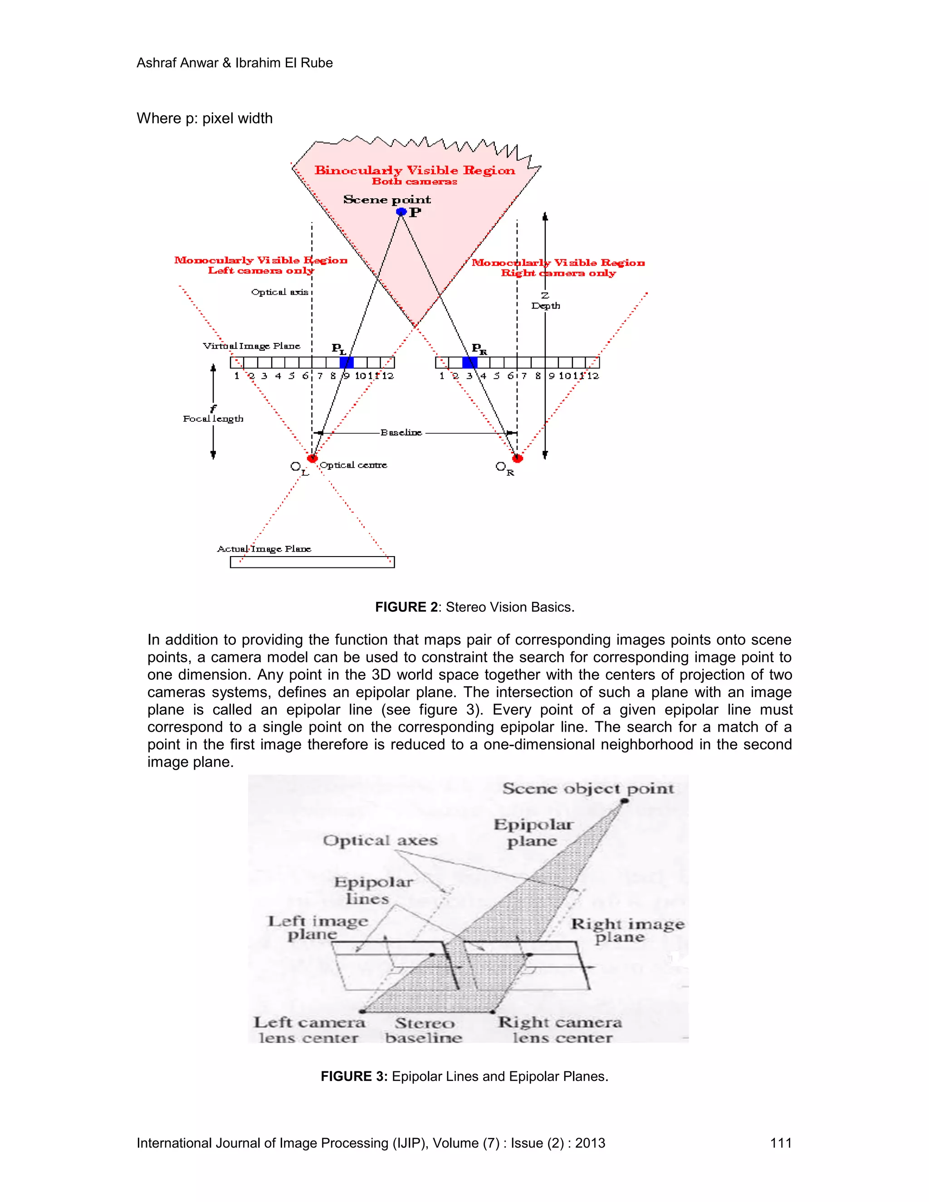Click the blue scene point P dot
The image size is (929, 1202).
(401, 212)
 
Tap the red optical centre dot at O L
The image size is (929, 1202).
(312, 458)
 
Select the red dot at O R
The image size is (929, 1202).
(517, 458)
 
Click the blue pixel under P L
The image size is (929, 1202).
(346, 362)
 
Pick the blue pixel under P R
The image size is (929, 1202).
(469, 362)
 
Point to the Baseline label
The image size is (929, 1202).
(401, 433)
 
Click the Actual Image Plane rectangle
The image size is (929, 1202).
(312, 562)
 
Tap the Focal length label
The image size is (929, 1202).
(213, 419)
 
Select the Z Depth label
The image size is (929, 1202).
(545, 301)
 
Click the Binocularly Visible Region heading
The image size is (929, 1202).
(415, 171)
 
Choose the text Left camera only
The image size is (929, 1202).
(261, 270)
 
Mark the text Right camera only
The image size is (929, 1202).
(558, 273)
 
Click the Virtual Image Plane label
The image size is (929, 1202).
(251, 346)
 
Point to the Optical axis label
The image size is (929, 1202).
(279, 292)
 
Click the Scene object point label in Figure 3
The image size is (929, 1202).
(588, 789)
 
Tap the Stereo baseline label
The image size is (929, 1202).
(424, 1030)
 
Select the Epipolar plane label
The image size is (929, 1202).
(532, 833)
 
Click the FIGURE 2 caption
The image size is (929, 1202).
(474, 607)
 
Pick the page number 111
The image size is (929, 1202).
(780, 1143)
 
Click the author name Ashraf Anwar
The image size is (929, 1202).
(177, 63)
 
